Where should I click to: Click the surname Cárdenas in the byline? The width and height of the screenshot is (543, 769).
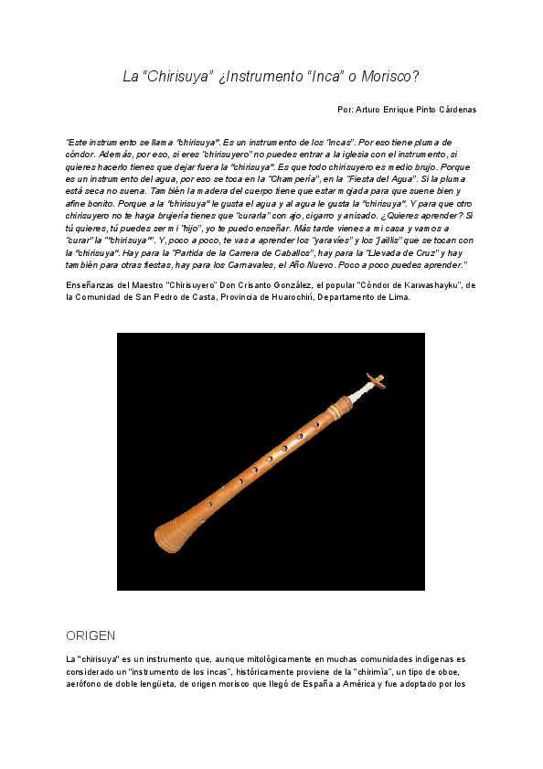coord(454,110)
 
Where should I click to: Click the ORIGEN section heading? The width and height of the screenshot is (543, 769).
coord(91,635)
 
